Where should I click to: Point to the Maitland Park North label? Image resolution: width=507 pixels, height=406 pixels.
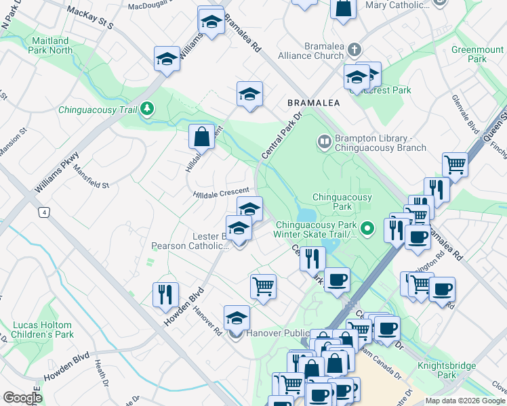52,45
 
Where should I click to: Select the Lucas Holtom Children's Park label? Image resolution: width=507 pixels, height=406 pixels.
43,330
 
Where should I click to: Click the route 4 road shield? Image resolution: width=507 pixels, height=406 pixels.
45,212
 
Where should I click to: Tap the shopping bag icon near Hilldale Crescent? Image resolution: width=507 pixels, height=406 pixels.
202,136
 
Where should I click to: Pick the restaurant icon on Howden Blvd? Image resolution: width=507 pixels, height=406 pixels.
165,294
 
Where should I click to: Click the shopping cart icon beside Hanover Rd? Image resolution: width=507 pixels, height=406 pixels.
263,286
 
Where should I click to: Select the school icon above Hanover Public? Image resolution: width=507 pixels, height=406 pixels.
237,317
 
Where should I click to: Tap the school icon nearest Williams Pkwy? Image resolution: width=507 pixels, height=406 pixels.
167,59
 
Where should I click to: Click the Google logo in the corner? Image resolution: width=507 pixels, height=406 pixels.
22,398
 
